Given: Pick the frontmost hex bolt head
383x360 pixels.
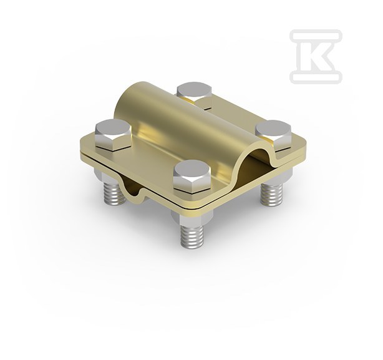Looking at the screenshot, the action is click(192, 177).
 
